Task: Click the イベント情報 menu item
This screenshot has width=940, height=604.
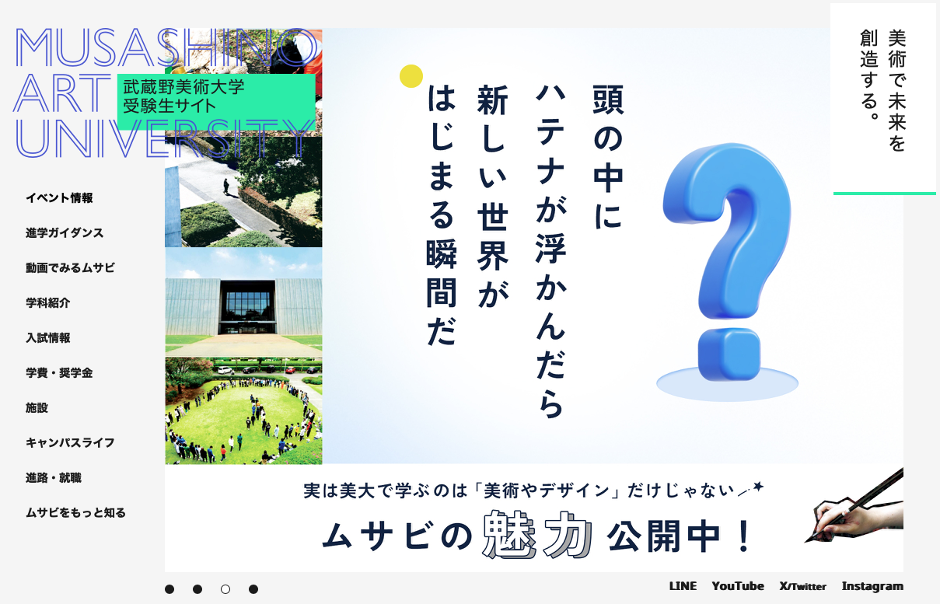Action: point(59,198)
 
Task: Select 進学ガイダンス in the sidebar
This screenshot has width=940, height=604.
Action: point(65,232)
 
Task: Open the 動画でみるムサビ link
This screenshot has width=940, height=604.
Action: point(70,267)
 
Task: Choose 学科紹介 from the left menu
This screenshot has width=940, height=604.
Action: point(48,303)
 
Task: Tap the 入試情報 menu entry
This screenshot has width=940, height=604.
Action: point(48,337)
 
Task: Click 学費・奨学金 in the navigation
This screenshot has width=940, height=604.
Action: point(59,372)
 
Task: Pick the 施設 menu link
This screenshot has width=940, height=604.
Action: point(37,407)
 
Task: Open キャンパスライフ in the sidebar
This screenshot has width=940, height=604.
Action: point(70,442)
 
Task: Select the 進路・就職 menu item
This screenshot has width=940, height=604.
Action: point(54,478)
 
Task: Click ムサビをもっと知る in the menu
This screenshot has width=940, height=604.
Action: point(75,512)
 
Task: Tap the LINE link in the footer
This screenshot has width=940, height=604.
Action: point(683,586)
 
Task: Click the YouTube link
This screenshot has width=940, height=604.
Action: point(738,586)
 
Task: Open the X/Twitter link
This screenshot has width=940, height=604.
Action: point(803,586)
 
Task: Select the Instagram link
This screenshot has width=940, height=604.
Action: point(872,586)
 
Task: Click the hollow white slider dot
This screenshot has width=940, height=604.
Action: point(225,589)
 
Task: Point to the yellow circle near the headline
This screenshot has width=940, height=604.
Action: point(411,76)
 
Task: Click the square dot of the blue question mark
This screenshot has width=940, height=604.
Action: point(729,354)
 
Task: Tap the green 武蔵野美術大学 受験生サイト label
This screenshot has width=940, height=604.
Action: point(216,102)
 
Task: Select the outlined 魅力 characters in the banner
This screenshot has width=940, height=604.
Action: point(537,535)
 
